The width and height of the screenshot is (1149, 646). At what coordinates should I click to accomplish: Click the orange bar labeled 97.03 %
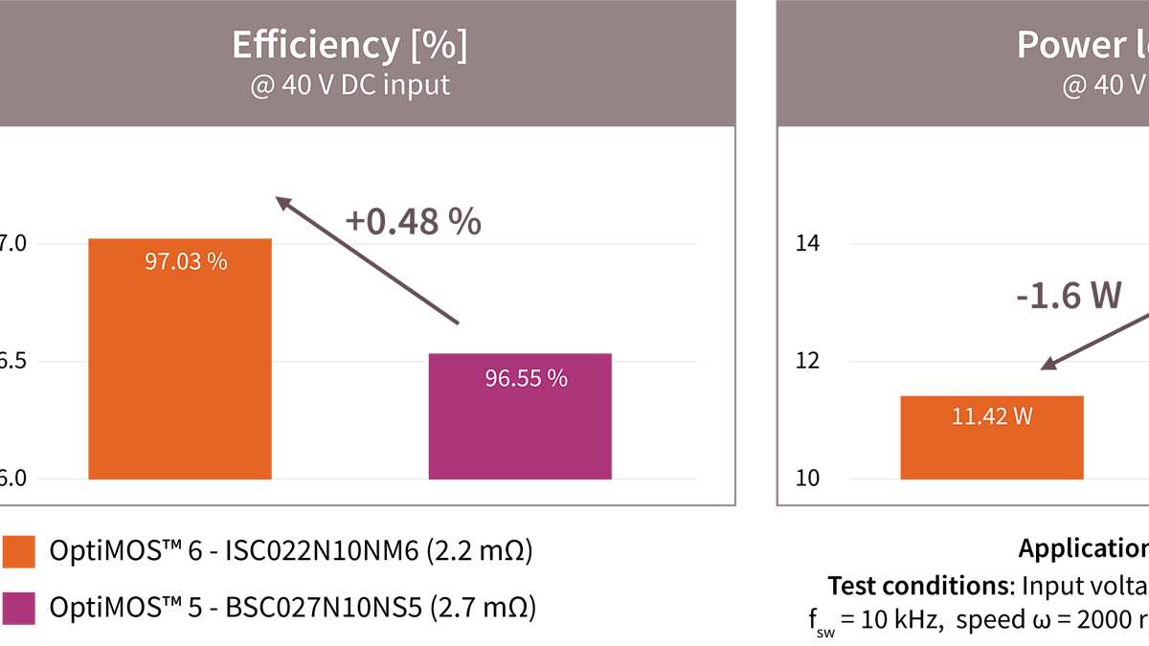tap(179, 364)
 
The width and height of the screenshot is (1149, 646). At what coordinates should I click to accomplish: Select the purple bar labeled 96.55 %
tap(520, 421)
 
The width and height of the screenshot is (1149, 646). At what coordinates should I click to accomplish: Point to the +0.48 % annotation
tap(413, 221)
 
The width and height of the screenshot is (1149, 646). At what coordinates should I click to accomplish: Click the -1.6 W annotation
tap(1069, 296)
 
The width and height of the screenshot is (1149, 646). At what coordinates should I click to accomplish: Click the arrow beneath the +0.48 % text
tap(368, 260)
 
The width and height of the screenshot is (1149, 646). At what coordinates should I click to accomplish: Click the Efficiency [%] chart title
tap(349, 45)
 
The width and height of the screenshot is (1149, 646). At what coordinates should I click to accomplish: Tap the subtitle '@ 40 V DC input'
tap(349, 85)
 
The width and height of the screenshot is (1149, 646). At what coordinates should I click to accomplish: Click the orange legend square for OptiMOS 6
tap(19, 552)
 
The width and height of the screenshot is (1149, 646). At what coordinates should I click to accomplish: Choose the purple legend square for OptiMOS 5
tap(19, 608)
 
